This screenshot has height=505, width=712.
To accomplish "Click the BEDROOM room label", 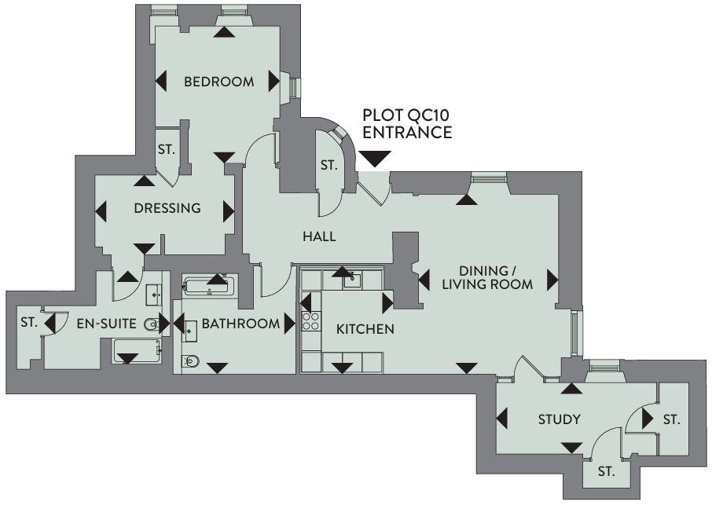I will [219, 82].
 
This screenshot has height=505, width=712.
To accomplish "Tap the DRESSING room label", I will [167, 209].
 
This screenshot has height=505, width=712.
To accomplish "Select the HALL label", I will [319, 236].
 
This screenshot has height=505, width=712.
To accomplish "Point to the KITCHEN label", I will [365, 329].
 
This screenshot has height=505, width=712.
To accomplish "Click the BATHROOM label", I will [240, 324].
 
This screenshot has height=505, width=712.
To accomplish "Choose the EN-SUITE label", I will [108, 323].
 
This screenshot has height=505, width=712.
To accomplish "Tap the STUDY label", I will [560, 419].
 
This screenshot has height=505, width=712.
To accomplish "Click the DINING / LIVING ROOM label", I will [487, 277].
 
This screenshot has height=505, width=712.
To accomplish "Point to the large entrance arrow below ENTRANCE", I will [374, 159].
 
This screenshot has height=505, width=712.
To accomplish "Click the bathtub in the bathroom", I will [209, 284].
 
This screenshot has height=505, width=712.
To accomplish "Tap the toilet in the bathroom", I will [191, 362].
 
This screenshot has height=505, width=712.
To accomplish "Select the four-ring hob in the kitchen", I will [310, 321].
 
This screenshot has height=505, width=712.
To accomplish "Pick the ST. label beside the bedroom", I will [166, 148].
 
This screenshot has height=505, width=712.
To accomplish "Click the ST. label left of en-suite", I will [29, 322].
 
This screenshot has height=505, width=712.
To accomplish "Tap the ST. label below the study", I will [605, 472].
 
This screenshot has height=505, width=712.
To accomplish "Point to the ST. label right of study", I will [670, 420].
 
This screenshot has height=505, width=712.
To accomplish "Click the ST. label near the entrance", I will [328, 166].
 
